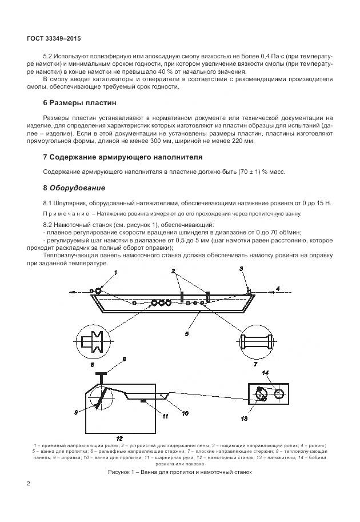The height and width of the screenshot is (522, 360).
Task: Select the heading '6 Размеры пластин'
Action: tap(79, 103)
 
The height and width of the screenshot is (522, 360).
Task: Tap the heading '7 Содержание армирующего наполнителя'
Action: tap(123, 157)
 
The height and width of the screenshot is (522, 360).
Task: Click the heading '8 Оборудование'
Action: tap(74, 188)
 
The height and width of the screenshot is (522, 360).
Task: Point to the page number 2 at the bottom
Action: tap(29, 484)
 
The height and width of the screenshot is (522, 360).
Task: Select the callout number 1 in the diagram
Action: tap(115, 274)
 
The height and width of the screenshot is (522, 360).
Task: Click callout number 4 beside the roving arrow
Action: tap(278, 289)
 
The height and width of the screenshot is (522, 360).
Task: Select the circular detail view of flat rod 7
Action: tap(255, 341)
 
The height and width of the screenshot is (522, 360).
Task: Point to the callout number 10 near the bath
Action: tap(185, 412)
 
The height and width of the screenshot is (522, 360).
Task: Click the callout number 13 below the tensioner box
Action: tap(244, 419)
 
